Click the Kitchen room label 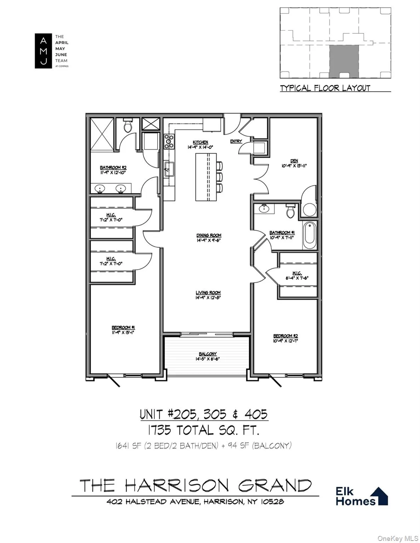(200, 142)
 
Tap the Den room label (294, 161)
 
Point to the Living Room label (208, 293)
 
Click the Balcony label (208, 354)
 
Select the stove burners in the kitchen (169, 141)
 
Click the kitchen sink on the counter (168, 168)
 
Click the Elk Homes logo (361, 496)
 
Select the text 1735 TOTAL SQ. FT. (204, 430)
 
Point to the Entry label (236, 141)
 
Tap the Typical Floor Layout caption (325, 88)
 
